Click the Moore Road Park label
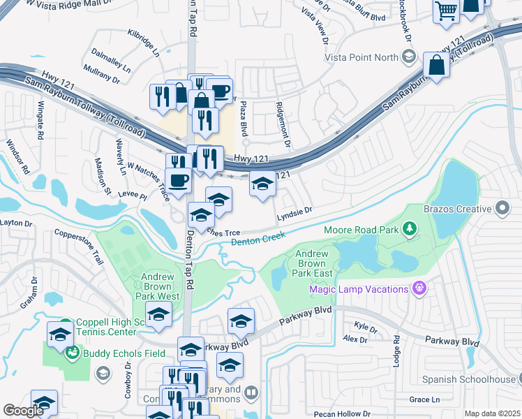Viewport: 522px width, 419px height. [361, 229]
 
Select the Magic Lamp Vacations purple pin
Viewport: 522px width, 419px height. [419, 288]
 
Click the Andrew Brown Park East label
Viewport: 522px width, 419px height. [311, 264]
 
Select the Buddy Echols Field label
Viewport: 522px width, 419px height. [124, 353]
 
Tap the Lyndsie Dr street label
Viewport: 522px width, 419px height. [294, 209]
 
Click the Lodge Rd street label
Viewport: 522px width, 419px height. [396, 347]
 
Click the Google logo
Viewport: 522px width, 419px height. [23, 411]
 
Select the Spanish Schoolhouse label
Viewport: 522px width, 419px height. [467, 380]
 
